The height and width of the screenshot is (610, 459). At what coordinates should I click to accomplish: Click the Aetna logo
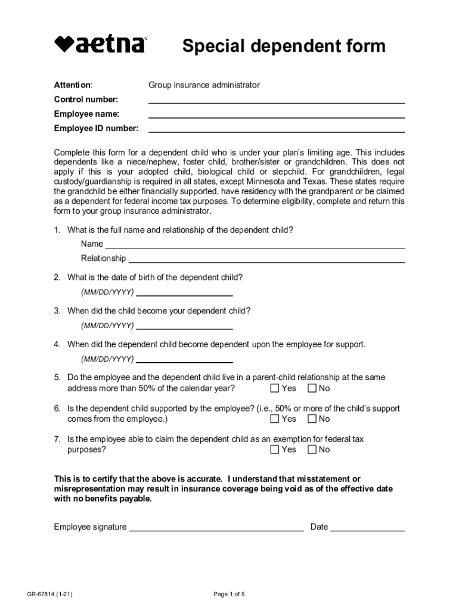100,45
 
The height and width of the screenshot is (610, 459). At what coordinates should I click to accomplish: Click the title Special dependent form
284,46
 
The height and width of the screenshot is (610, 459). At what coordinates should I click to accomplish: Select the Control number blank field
276,99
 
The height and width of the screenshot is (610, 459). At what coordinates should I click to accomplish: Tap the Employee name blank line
276,113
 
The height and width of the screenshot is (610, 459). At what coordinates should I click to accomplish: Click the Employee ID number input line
276,127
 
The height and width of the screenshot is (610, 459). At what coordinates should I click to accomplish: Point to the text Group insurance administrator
204,85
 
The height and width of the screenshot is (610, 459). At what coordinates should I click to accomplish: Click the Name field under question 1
255,244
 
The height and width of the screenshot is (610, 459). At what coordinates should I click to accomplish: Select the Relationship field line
266,258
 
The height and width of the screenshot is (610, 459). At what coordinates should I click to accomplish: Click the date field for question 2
184,292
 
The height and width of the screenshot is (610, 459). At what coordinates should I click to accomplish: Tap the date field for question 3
184,325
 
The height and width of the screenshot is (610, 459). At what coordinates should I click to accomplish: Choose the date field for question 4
184,359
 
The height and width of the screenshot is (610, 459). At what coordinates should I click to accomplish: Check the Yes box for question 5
275,388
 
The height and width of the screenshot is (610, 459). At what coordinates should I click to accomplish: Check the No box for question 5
312,388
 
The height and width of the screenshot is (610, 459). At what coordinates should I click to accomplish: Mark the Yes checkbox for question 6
275,419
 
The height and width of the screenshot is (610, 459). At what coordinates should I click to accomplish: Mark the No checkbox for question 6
312,419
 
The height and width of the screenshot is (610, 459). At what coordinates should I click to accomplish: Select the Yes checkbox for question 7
275,450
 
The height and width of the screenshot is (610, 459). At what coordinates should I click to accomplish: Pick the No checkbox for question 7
312,450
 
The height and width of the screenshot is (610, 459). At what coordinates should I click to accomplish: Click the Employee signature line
216,527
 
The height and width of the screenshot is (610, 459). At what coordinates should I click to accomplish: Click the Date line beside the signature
367,527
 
